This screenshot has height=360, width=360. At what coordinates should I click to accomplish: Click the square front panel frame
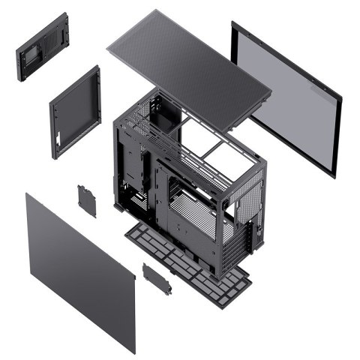(75, 112)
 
